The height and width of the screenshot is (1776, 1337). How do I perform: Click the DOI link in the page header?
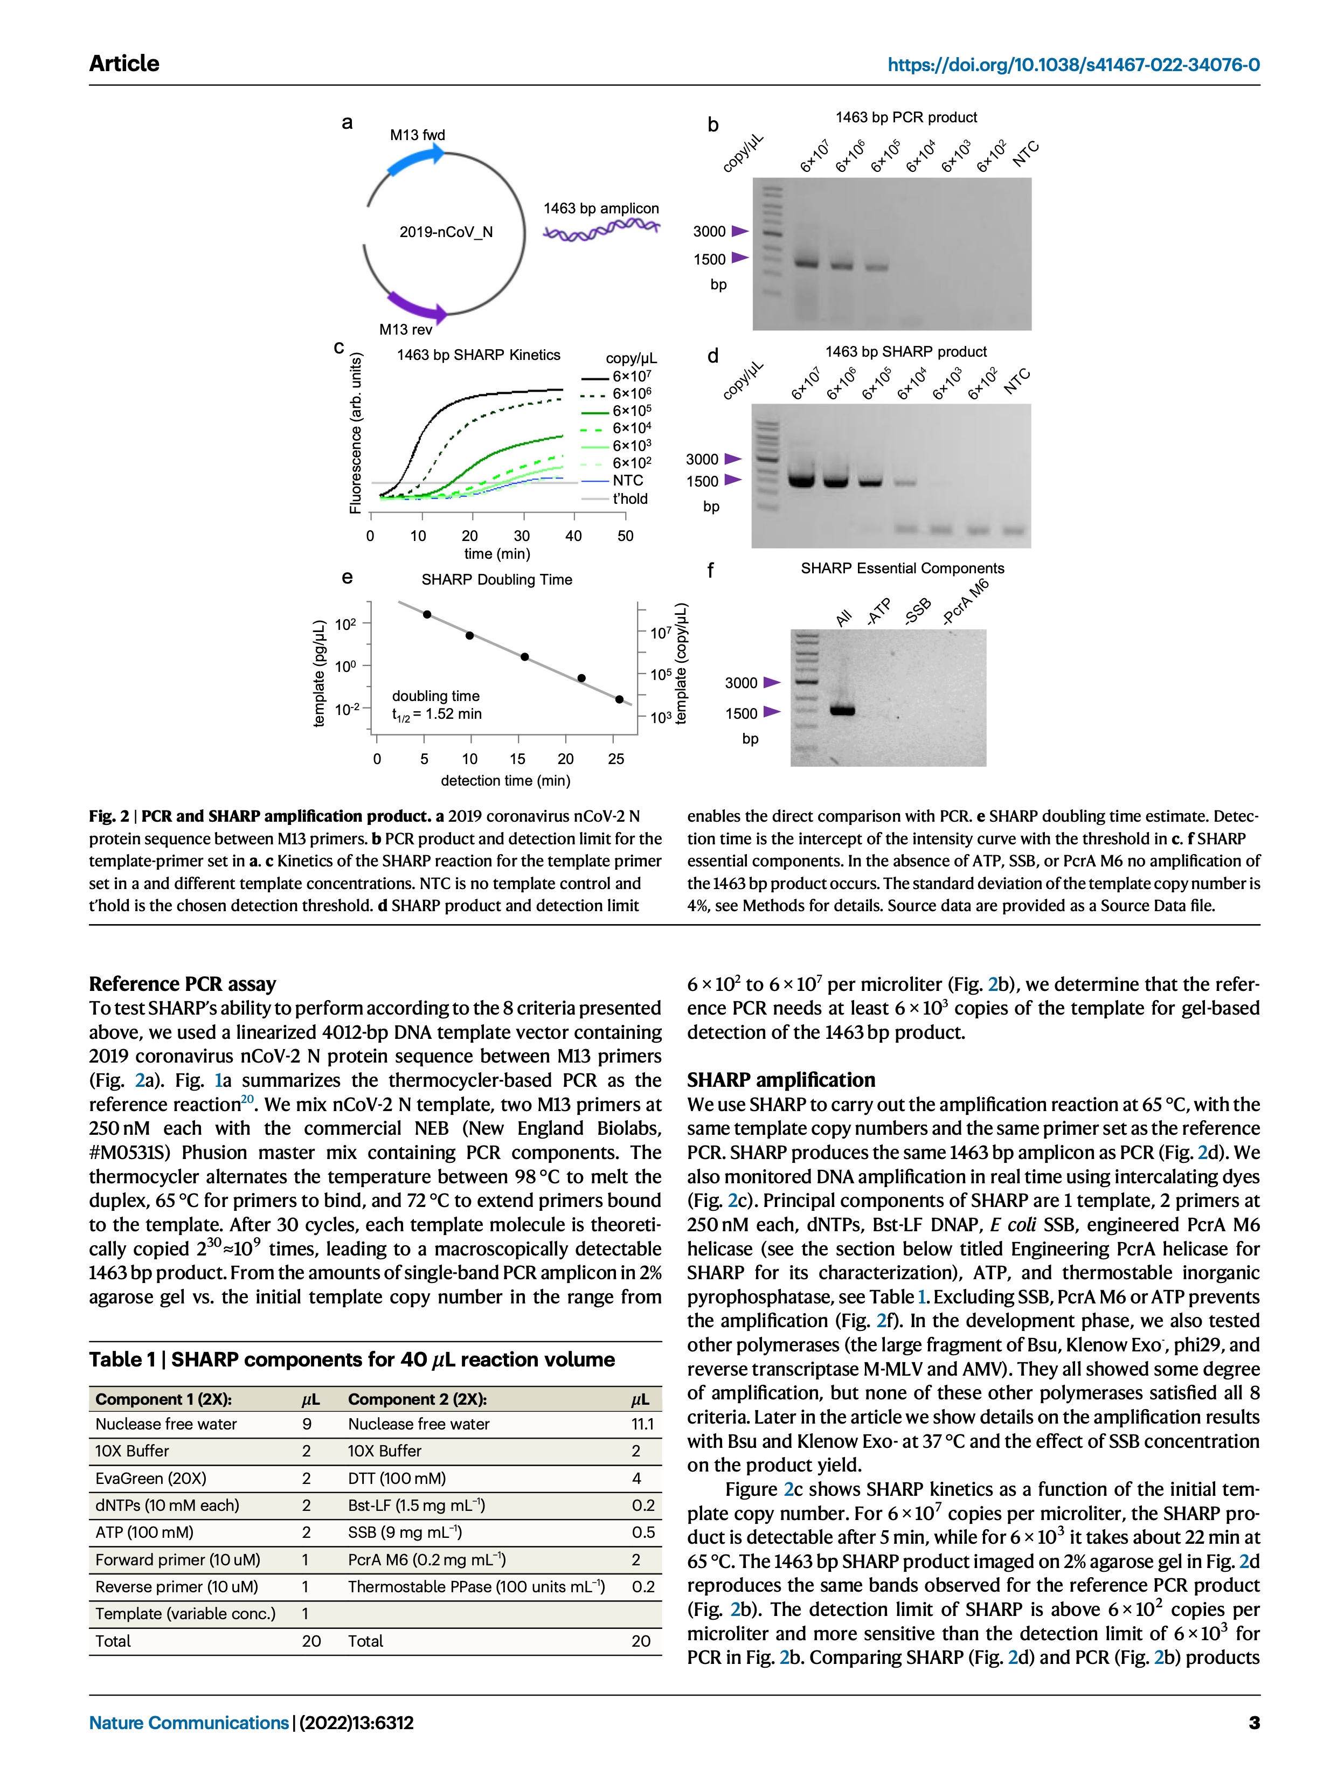click(x=1073, y=65)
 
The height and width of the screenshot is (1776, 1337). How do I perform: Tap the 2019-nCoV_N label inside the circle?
click(x=446, y=232)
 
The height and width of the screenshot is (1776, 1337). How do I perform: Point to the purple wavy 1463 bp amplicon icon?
click(x=601, y=231)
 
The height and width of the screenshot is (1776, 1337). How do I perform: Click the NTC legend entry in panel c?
click(x=627, y=480)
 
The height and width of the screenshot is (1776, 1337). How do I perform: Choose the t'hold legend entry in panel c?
click(x=629, y=498)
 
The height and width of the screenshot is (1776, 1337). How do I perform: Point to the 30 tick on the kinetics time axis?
click(x=522, y=536)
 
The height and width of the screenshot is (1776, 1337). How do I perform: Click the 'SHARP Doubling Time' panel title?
click(x=496, y=580)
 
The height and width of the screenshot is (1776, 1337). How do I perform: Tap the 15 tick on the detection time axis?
click(x=517, y=759)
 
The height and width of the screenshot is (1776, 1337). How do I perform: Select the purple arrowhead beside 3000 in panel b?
click(x=739, y=231)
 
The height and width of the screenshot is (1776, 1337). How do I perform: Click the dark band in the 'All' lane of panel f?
click(x=842, y=710)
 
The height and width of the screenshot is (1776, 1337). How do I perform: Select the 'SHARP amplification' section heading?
click(x=780, y=1080)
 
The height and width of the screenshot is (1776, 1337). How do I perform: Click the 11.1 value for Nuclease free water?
click(x=642, y=1424)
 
